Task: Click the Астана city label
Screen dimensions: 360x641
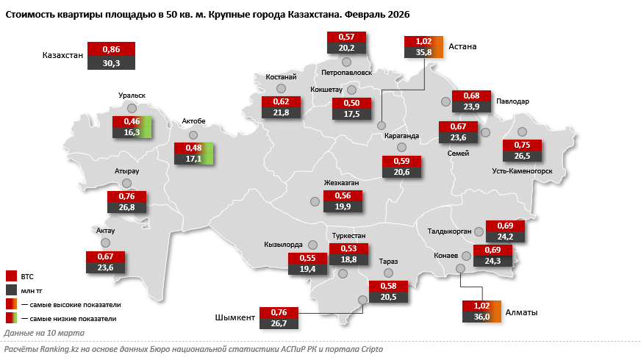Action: [463, 46]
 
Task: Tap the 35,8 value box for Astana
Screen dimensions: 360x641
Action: [423, 52]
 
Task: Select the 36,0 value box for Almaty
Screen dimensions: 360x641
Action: [481, 317]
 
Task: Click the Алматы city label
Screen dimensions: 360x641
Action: [522, 312]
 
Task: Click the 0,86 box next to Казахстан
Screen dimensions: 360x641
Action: [111, 48]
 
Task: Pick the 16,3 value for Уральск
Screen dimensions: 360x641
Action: [132, 132]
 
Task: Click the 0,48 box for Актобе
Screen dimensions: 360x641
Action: [193, 147]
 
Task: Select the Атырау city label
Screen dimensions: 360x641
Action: [126, 170]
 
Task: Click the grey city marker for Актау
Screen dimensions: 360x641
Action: [105, 242]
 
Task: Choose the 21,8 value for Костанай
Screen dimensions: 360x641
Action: [281, 112]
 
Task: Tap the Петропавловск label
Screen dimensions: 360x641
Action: [347, 73]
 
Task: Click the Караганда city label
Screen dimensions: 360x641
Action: [401, 135]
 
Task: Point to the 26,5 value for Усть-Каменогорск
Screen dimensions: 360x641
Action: [522, 156]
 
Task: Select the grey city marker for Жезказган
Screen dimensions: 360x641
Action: [315, 201]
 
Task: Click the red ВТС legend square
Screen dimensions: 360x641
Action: [11, 276]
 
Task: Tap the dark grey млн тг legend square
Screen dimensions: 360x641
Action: [11, 290]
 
